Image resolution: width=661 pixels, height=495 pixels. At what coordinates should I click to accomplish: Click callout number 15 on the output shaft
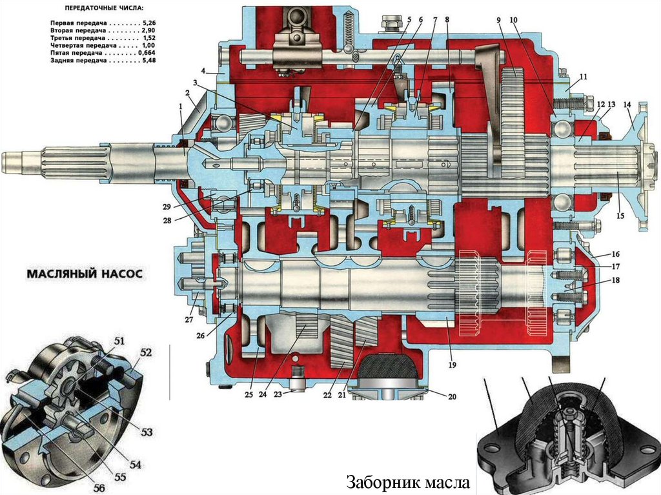620,216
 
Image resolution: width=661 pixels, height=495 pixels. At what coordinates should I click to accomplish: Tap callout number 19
453,365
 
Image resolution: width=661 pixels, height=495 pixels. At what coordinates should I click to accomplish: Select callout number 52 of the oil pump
146,352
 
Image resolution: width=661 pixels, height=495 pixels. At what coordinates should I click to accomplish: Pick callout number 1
181,114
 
